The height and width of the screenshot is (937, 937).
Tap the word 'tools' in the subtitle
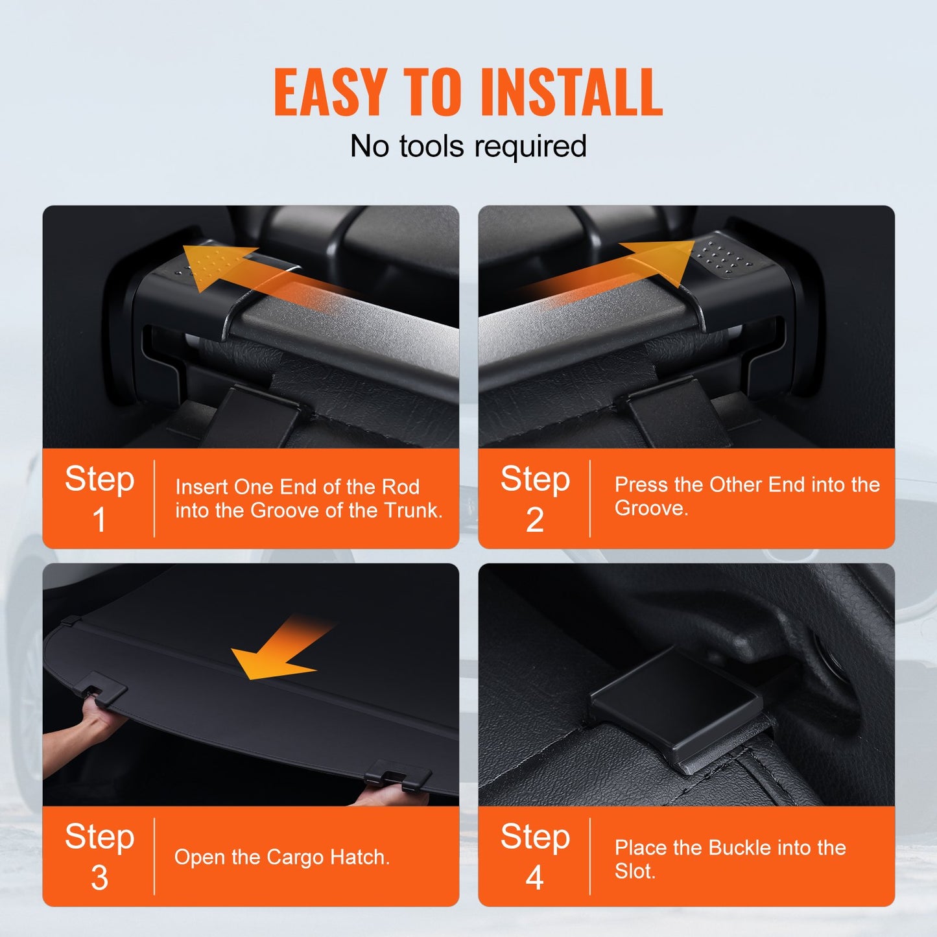click(x=431, y=146)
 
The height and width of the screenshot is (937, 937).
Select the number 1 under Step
click(x=99, y=519)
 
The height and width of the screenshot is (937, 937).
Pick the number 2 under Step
click(x=534, y=519)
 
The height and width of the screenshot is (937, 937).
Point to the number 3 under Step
click(x=99, y=878)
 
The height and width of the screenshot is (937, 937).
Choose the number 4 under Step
click(x=534, y=878)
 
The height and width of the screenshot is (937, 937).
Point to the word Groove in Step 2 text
click(x=651, y=508)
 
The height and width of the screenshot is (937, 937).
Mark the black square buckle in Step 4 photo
click(x=676, y=705)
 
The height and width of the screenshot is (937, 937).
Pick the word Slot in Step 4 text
click(x=635, y=872)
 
